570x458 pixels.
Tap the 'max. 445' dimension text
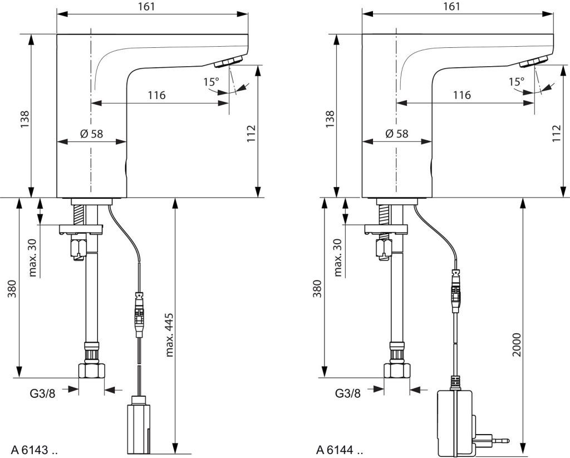tap(169, 334)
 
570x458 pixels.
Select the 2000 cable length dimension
tap(517, 344)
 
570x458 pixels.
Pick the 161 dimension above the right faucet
tap(452, 7)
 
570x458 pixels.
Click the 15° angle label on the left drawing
tap(211, 81)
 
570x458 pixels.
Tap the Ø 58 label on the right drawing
tap(396, 134)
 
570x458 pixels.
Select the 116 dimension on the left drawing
tap(156, 95)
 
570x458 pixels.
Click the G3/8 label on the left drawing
tap(42, 393)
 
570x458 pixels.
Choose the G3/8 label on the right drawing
tap(347, 393)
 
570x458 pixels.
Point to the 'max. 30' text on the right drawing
tap(338, 257)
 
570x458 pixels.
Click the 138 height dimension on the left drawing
tap(24, 119)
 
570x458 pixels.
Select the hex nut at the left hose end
tap(92, 370)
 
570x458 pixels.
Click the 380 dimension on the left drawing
tap(13, 288)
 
